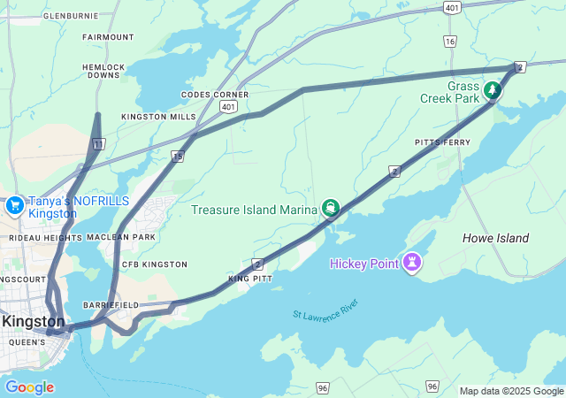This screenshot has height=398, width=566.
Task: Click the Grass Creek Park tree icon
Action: [x=491, y=89]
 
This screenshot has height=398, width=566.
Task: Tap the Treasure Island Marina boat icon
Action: [x=331, y=209]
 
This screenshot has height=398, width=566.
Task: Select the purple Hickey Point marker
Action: [x=411, y=263]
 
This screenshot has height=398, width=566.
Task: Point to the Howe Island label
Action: [x=495, y=238]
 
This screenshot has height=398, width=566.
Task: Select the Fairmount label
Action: [x=108, y=37]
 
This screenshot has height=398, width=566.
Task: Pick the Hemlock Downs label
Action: [x=103, y=71]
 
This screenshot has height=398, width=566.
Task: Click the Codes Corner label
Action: [x=215, y=95]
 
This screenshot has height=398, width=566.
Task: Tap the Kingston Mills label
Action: [x=159, y=117]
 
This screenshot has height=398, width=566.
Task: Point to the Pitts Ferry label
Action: [x=442, y=142]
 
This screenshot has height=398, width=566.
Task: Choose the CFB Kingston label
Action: [x=154, y=264]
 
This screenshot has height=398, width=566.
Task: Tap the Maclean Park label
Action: [x=121, y=237]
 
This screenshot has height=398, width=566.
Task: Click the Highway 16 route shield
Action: [x=450, y=42]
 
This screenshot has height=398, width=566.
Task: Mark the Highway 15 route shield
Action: [x=178, y=156]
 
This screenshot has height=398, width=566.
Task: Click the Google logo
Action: [x=29, y=387]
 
